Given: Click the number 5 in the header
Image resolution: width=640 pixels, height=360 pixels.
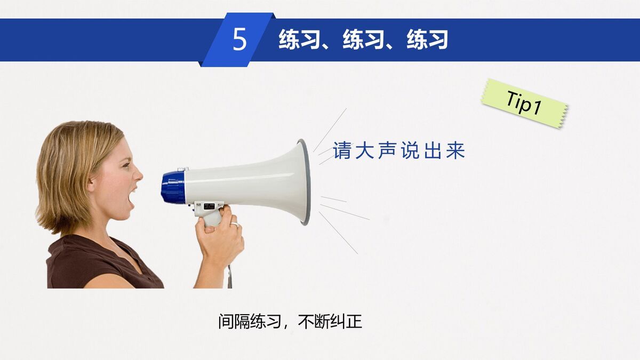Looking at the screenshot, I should (x=240, y=40).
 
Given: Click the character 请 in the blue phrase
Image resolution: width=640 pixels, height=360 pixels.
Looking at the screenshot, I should (x=342, y=151).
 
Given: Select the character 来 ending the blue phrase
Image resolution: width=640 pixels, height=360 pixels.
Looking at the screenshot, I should (x=456, y=151).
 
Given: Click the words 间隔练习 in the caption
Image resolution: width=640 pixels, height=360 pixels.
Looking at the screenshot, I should (x=249, y=322).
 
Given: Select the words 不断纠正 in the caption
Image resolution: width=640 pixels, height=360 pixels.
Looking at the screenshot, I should (x=330, y=322).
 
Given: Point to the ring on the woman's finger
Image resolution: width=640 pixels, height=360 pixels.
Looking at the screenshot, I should (x=234, y=225).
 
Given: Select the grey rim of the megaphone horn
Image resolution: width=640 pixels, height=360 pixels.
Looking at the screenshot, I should (x=304, y=181).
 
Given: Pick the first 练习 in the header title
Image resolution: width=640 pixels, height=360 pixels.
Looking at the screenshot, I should (x=299, y=40).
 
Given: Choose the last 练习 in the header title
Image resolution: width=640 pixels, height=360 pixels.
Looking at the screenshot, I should (x=427, y=40).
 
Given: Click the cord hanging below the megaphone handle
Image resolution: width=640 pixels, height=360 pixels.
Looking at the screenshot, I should (x=229, y=275).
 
